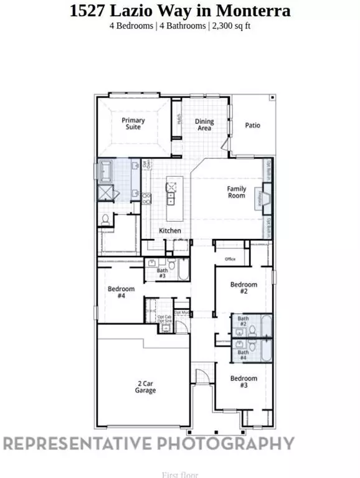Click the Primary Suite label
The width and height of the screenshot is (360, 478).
pyautogui.click(x=133, y=124)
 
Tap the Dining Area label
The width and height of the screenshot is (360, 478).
pyautogui.click(x=204, y=124)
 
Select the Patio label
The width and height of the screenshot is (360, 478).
pyautogui.click(x=252, y=125)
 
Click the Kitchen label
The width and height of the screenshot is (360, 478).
pyautogui.click(x=170, y=231)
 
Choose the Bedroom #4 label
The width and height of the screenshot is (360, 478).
pyautogui.click(x=121, y=293)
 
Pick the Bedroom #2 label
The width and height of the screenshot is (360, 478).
pyautogui.click(x=244, y=288)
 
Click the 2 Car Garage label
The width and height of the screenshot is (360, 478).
pyautogui.click(x=146, y=387)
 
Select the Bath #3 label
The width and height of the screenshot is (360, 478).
pyautogui.click(x=162, y=273)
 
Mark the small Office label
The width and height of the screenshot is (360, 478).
pyautogui.click(x=229, y=260)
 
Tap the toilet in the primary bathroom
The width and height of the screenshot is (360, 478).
pyautogui.click(x=106, y=220)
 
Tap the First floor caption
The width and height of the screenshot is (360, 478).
pyautogui.click(x=179, y=474)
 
